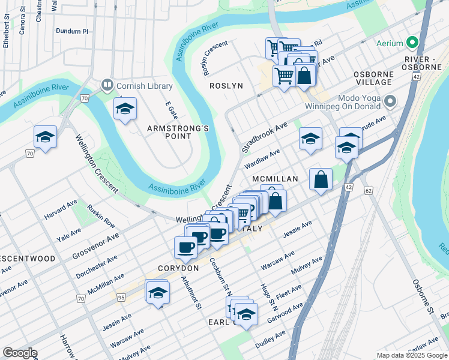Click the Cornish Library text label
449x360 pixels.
[x=144, y=86]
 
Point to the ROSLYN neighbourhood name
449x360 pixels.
[x=226, y=86]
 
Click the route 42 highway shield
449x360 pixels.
[x=348, y=187]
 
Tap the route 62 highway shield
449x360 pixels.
[x=369, y=190]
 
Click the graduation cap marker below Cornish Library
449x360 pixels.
[x=125, y=109]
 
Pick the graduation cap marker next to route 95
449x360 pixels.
[x=157, y=293]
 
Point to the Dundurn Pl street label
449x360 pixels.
[x=71, y=29]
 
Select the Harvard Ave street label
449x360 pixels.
[x=61, y=208]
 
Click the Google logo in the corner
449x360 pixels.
[x=20, y=353]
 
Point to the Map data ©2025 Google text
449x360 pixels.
[x=411, y=355]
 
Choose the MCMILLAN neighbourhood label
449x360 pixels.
[x=275, y=179]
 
